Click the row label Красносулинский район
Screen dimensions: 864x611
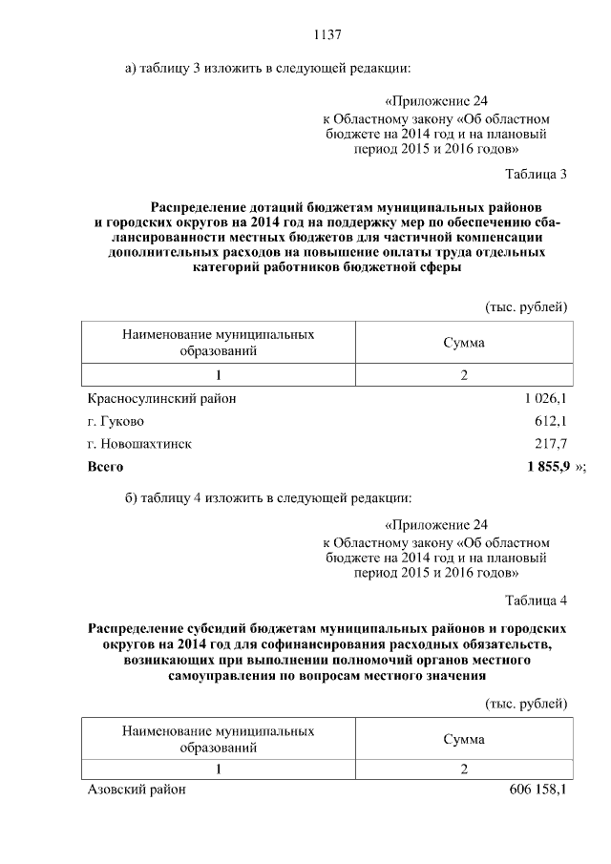[161, 398]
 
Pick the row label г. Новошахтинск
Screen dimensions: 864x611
[139, 444]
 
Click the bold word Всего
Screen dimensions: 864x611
[105, 467]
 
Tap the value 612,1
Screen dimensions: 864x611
[551, 421]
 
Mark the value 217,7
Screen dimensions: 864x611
[551, 444]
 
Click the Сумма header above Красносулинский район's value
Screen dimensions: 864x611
[463, 344]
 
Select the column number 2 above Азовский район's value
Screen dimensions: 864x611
[463, 769]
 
